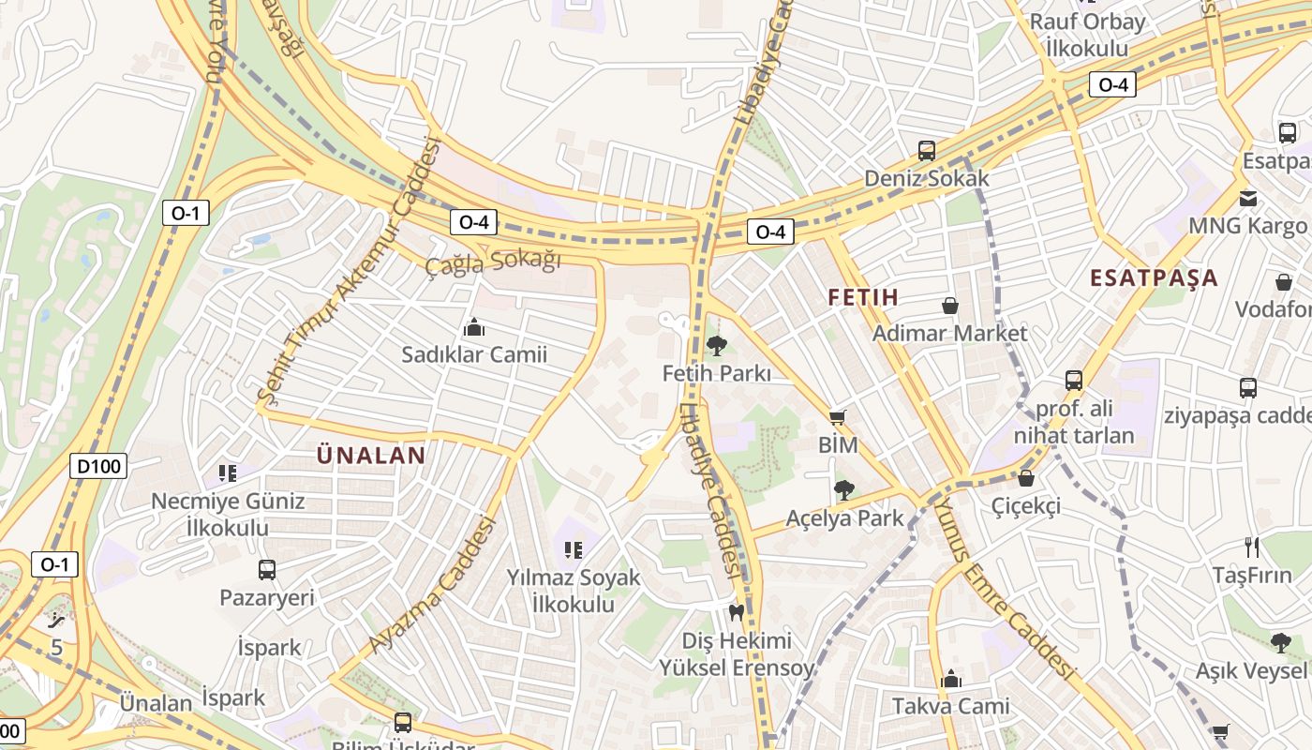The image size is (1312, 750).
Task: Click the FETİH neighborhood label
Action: pyautogui.click(x=863, y=298)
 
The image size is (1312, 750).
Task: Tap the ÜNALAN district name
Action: pyautogui.click(x=371, y=456)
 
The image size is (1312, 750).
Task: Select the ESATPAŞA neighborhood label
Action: pyautogui.click(x=1154, y=277)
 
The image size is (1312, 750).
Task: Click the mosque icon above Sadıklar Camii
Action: pyautogui.click(x=474, y=327)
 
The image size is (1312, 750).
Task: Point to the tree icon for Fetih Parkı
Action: pyautogui.click(x=717, y=345)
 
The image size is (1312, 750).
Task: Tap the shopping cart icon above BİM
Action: pyautogui.click(x=838, y=417)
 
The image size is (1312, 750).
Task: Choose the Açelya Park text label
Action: pyautogui.click(x=844, y=517)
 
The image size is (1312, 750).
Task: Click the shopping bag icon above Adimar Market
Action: pyautogui.click(x=950, y=306)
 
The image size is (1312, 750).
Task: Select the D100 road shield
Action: pyautogui.click(x=98, y=466)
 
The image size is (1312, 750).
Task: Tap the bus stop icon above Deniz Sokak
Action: pyautogui.click(x=926, y=150)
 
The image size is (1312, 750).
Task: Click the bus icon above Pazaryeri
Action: pyautogui.click(x=267, y=569)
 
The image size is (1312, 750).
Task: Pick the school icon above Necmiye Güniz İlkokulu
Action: pyautogui.click(x=227, y=472)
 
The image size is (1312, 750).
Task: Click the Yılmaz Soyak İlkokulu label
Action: pyautogui.click(x=574, y=591)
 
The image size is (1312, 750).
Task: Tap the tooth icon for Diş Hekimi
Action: pyautogui.click(x=736, y=613)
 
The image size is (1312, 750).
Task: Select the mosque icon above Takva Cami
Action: pyautogui.click(x=951, y=679)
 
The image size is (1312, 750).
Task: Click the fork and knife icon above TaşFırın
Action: pyautogui.click(x=1251, y=547)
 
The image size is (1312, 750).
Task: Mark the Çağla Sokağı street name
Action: pyautogui.click(x=493, y=262)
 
